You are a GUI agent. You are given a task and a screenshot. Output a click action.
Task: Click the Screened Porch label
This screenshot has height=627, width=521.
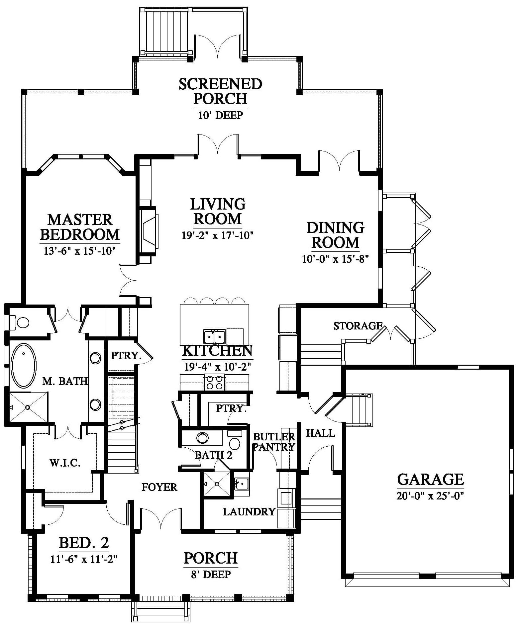(220, 91)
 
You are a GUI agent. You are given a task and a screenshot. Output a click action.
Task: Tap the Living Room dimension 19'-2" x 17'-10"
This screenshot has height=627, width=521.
(218, 235)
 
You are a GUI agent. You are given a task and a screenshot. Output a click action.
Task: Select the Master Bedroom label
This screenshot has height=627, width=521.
(80, 227)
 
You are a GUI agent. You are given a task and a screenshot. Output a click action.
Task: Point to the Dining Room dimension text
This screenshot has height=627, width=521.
(336, 259)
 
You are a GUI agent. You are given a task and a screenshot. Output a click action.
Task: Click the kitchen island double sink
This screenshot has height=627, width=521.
(214, 336)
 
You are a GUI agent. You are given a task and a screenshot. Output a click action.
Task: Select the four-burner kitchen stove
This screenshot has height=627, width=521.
(214, 382)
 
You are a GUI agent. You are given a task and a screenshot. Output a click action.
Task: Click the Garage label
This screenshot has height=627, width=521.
(431, 479)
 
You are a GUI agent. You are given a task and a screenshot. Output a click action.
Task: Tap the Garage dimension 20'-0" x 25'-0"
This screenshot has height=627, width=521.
(430, 496)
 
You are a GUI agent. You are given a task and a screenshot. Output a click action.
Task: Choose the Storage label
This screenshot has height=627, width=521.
(358, 326)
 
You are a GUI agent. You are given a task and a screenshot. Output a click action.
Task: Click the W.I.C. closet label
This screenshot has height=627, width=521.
(65, 463)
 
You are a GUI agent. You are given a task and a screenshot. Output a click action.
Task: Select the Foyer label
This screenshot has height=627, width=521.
(159, 487)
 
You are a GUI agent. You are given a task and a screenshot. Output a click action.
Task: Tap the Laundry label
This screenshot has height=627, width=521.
(249, 512)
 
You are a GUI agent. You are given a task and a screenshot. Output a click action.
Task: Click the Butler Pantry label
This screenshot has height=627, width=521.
(274, 442)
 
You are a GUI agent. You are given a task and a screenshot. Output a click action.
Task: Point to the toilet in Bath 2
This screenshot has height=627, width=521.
(235, 440)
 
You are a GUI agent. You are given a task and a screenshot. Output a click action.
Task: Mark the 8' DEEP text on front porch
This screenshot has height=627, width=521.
(211, 574)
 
